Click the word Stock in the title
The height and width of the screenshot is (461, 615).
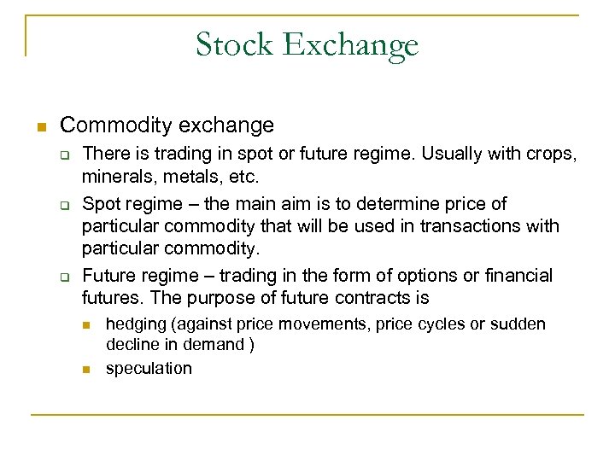232,44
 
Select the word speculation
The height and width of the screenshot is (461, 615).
149,369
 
